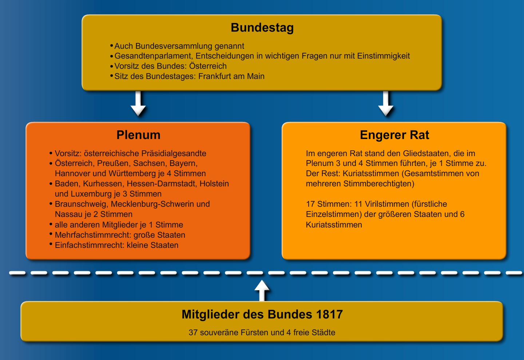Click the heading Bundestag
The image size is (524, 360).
tap(262, 28)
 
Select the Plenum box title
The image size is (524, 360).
tap(138, 135)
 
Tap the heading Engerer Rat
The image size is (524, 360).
tap(394, 135)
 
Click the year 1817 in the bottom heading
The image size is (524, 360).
tap(329, 314)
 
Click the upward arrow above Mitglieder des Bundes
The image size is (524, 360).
tap(262, 290)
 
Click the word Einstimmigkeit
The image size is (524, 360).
tap(384, 56)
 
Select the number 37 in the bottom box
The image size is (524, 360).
tap(193, 333)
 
